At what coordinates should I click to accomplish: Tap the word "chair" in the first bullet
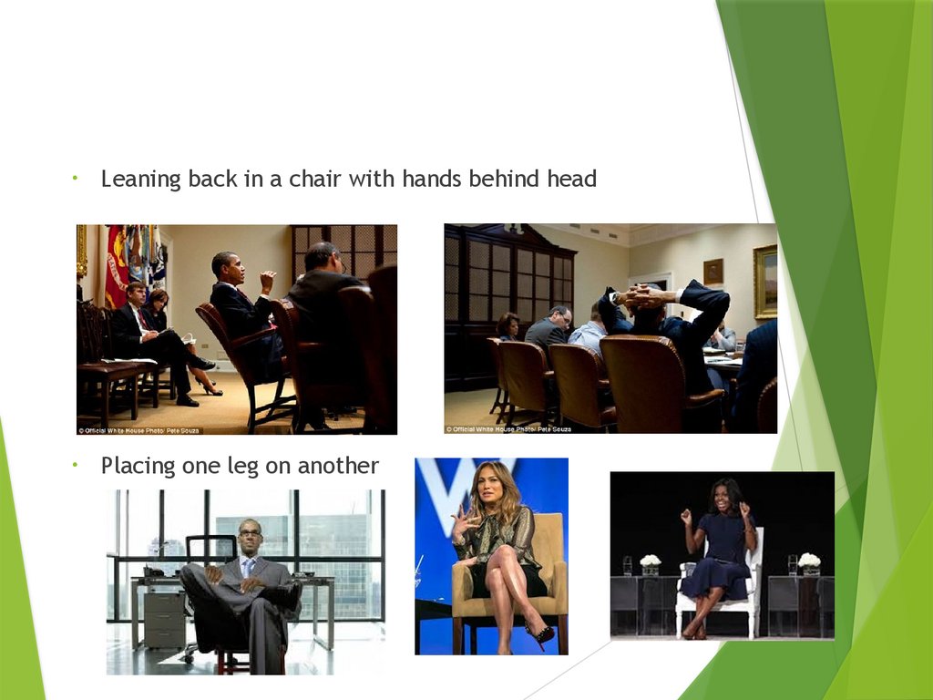click(315, 180)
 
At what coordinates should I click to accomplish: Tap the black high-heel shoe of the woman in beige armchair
click(539, 632)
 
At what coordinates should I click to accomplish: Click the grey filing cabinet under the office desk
click(165, 620)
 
